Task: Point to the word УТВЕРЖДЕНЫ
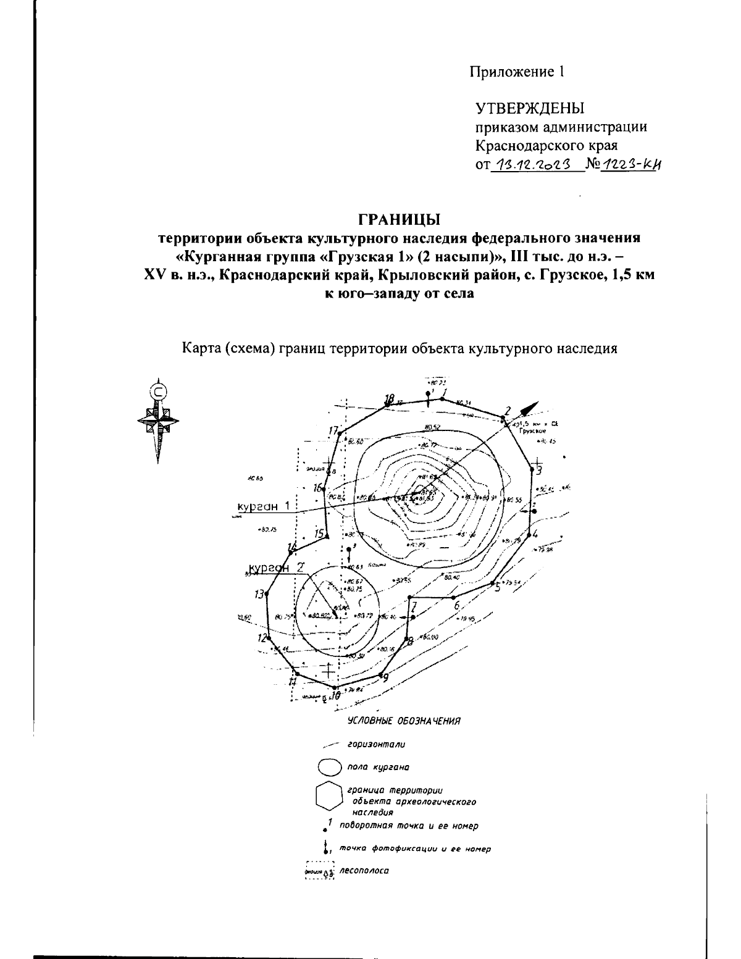pos(529,109)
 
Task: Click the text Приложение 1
pos(517,72)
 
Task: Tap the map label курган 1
pos(264,506)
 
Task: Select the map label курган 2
pos(275,568)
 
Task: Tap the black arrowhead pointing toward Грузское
pos(529,408)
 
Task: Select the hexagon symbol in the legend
pos(328,796)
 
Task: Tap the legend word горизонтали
pos(376,745)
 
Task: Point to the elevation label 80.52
pos(432,427)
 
